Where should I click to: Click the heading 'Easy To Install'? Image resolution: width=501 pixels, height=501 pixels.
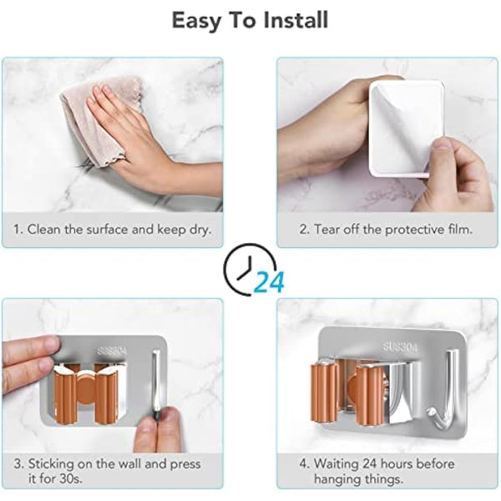point(250,20)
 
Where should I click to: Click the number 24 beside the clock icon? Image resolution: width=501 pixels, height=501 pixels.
point(269,283)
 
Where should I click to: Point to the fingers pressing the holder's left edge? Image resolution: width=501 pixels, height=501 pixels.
point(29,359)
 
